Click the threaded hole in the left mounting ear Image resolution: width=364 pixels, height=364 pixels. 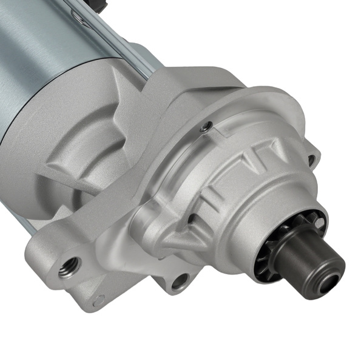(x=70, y=266)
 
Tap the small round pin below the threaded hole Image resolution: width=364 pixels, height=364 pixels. (x=99, y=298)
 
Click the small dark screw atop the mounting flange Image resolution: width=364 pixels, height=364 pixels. (x=207, y=126)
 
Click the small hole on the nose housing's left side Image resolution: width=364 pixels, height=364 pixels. (x=190, y=218)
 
